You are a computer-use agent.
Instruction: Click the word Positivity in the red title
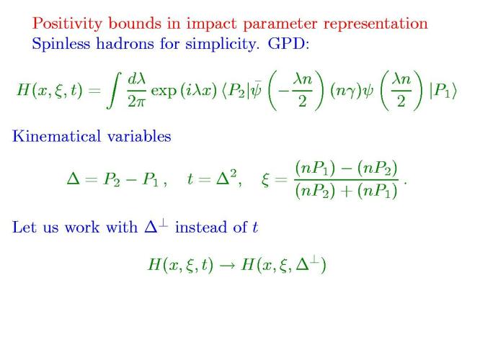click(67, 24)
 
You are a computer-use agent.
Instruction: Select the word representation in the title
click(375, 24)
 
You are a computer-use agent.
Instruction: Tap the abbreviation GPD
click(288, 44)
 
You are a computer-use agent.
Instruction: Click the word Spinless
click(61, 44)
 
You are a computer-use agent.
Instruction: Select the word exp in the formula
click(164, 91)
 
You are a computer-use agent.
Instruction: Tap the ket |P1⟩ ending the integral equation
click(443, 91)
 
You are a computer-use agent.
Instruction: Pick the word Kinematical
click(56, 136)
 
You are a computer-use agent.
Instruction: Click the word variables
click(139, 136)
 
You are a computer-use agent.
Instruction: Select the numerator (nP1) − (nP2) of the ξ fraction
click(346, 168)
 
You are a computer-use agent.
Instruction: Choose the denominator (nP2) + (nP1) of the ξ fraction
click(346, 192)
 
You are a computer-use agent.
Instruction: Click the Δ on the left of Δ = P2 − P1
click(74, 179)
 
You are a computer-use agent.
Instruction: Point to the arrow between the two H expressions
click(227, 265)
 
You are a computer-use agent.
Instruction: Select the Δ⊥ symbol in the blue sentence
click(156, 227)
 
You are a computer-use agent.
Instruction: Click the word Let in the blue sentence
click(25, 228)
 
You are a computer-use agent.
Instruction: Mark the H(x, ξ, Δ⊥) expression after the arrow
click(283, 264)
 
